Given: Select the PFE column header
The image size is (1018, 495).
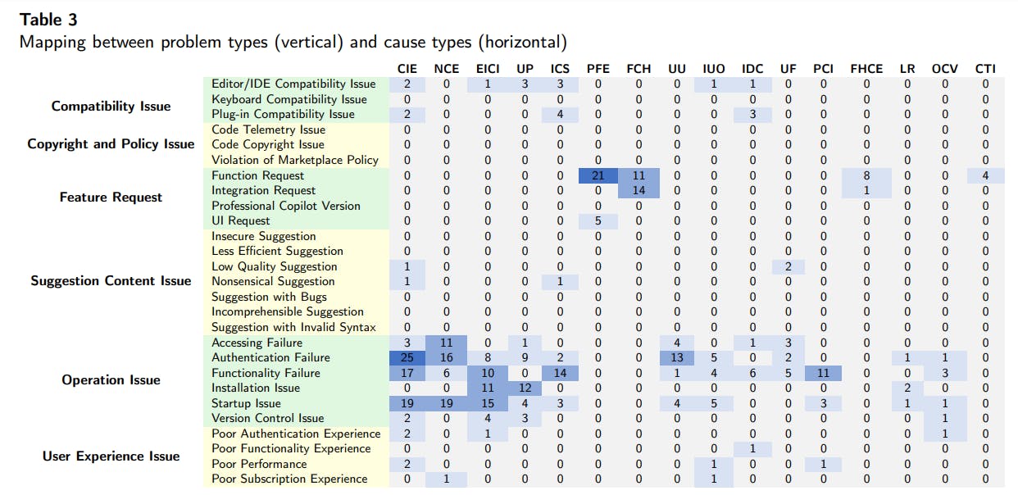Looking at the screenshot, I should [x=598, y=69].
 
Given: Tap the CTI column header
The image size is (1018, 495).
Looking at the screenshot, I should [x=985, y=69].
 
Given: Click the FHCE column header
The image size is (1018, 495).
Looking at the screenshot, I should [x=866, y=69].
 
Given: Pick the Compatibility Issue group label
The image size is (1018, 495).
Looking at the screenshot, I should [x=111, y=107].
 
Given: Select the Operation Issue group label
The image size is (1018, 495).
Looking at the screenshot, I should [x=111, y=380].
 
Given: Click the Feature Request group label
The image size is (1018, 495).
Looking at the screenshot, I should [x=111, y=198].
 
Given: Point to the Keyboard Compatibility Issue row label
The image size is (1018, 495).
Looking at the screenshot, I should [x=289, y=99].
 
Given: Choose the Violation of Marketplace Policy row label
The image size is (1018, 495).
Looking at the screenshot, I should [x=294, y=160].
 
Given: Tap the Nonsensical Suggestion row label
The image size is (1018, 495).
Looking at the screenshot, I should [x=273, y=281].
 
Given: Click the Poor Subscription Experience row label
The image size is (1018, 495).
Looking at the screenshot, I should [x=289, y=479].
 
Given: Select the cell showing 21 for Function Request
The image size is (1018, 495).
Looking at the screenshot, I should [x=598, y=175].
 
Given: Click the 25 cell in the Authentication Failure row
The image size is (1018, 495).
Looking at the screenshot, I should [x=407, y=357].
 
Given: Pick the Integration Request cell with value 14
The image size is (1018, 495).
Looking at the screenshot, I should [x=638, y=190].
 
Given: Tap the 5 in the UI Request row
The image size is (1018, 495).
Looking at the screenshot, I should [x=598, y=220].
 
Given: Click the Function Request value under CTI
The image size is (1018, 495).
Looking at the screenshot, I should [x=985, y=175].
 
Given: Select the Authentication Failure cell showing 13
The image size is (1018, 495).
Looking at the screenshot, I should [x=677, y=357].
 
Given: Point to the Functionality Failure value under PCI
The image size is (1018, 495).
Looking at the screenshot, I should [x=824, y=373].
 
